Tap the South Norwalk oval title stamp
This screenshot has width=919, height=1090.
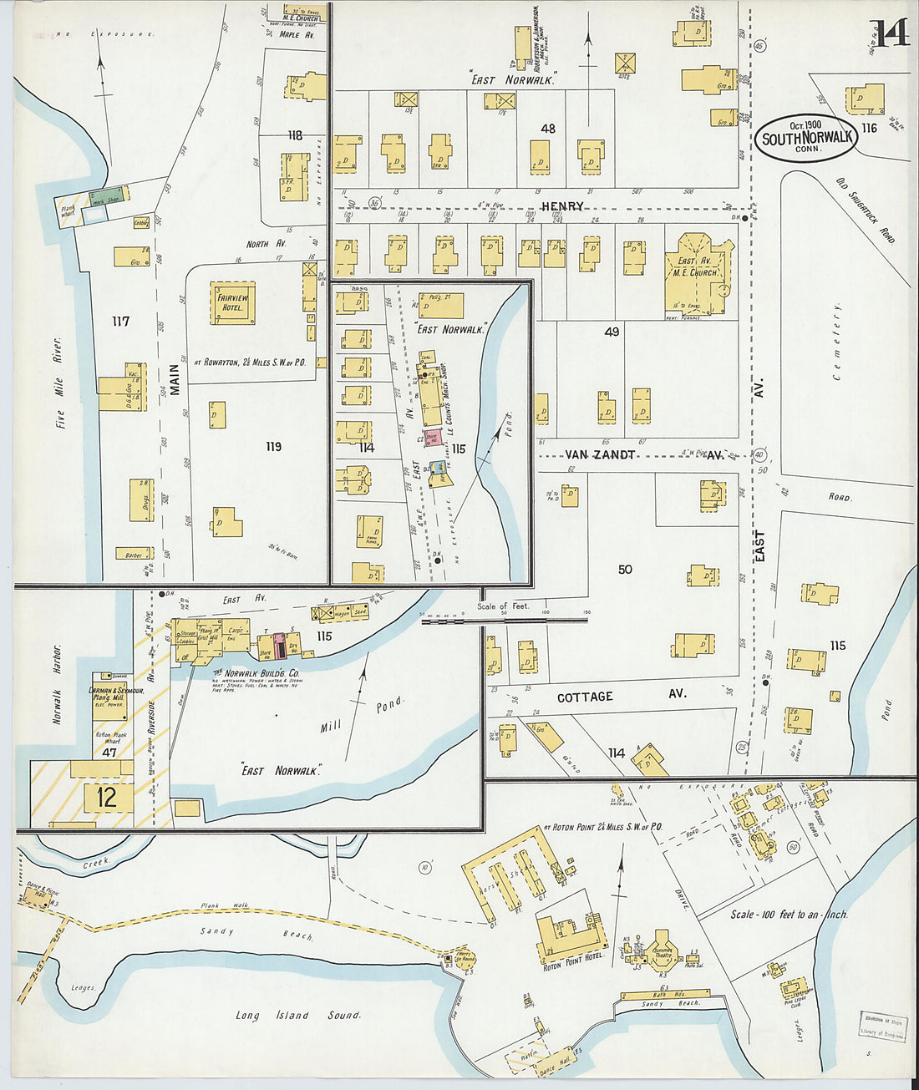[x=807, y=138]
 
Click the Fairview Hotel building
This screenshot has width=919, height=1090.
[x=232, y=303]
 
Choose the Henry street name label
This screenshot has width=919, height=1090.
[x=562, y=206]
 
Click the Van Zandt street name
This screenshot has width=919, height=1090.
[x=600, y=454]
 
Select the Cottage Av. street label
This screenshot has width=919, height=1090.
[x=621, y=696]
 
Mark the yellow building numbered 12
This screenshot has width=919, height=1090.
[x=106, y=797]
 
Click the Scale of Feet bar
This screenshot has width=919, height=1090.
[x=505, y=620]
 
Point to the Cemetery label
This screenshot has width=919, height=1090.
[x=836, y=342]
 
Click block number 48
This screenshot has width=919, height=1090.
[x=548, y=129]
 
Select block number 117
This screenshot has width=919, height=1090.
[x=120, y=321]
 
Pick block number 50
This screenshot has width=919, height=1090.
[x=625, y=570]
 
